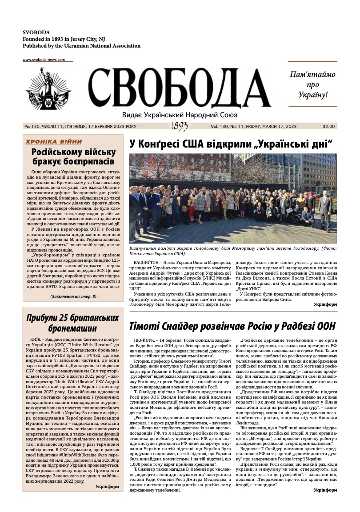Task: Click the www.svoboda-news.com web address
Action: point(44,60)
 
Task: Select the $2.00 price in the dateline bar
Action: point(329,127)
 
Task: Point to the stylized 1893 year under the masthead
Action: point(179,127)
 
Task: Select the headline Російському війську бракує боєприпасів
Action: point(73,156)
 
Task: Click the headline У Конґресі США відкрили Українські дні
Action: point(231,144)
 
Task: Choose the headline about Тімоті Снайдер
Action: point(232,326)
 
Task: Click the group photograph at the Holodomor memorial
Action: point(233,198)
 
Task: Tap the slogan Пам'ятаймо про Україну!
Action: point(312,84)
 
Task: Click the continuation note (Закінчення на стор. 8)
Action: point(73,296)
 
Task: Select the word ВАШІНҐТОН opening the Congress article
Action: point(148,263)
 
